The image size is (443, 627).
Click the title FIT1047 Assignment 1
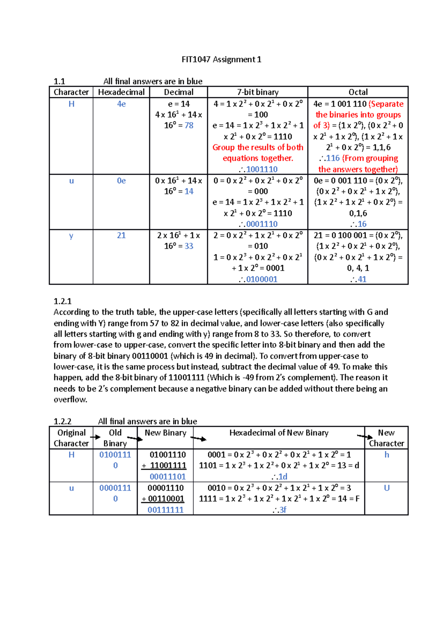[221, 59]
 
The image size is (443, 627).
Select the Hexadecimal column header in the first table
[121, 92]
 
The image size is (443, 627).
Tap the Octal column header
[358, 92]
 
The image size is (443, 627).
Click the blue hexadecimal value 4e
[121, 104]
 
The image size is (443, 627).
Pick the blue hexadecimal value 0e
[121, 181]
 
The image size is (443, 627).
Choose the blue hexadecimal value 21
[121, 236]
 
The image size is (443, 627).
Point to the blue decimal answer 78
[189, 126]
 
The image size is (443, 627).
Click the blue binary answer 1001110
[262, 169]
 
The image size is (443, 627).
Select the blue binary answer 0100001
[262, 280]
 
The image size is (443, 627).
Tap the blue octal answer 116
[333, 158]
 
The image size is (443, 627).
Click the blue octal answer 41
[362, 280]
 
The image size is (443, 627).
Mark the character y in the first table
[71, 236]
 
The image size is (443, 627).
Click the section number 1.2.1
[62, 301]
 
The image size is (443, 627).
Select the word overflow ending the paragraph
[70, 400]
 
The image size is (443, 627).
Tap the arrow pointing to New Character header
[365, 437]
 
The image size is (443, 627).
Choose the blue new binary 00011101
[168, 477]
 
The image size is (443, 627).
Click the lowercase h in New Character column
[387, 455]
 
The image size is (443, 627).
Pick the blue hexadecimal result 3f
[282, 510]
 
